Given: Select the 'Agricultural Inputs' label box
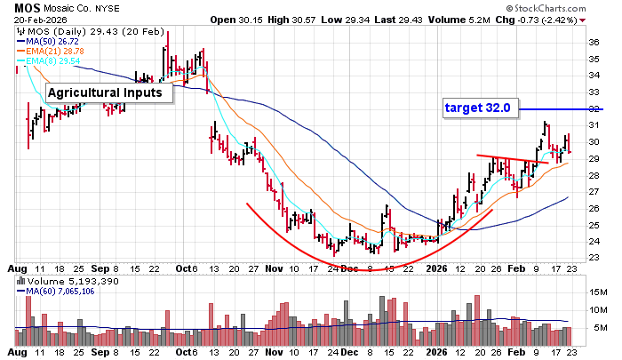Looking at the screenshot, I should pos(105,92).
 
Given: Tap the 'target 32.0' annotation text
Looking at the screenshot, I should pos(477,108).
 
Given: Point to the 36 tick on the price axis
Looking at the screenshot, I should pos(594,42).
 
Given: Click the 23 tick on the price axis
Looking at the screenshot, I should pos(594,258).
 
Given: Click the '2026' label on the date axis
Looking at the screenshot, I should pos(436,268).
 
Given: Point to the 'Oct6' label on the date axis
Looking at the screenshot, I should pos(184,268).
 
